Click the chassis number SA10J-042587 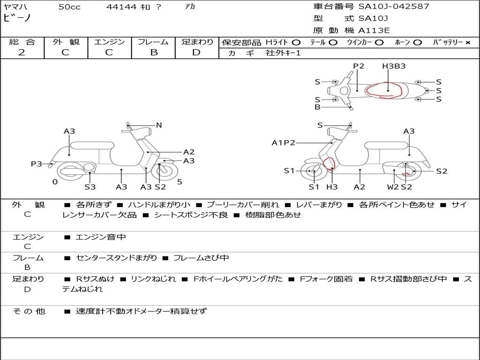pyautogui.click(x=394, y=7)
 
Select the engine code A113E pyautogui.click(x=374, y=30)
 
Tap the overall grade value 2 pyautogui.click(x=22, y=52)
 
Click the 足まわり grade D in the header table pyautogui.click(x=196, y=52)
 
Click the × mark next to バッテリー pyautogui.click(x=467, y=43)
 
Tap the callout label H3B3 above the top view pyautogui.click(x=394, y=66)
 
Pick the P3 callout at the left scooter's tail pyautogui.click(x=37, y=164)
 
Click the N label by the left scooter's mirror pyautogui.click(x=158, y=125)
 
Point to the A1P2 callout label pyautogui.click(x=283, y=142)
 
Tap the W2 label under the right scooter pyautogui.click(x=393, y=187)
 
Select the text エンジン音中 pyautogui.click(x=101, y=237)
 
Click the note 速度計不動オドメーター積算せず pyautogui.click(x=141, y=311)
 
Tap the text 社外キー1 pyautogui.click(x=283, y=53)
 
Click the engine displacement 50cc pyautogui.click(x=69, y=7)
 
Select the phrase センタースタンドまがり pyautogui.click(x=116, y=258)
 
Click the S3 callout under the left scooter pyautogui.click(x=90, y=187)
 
